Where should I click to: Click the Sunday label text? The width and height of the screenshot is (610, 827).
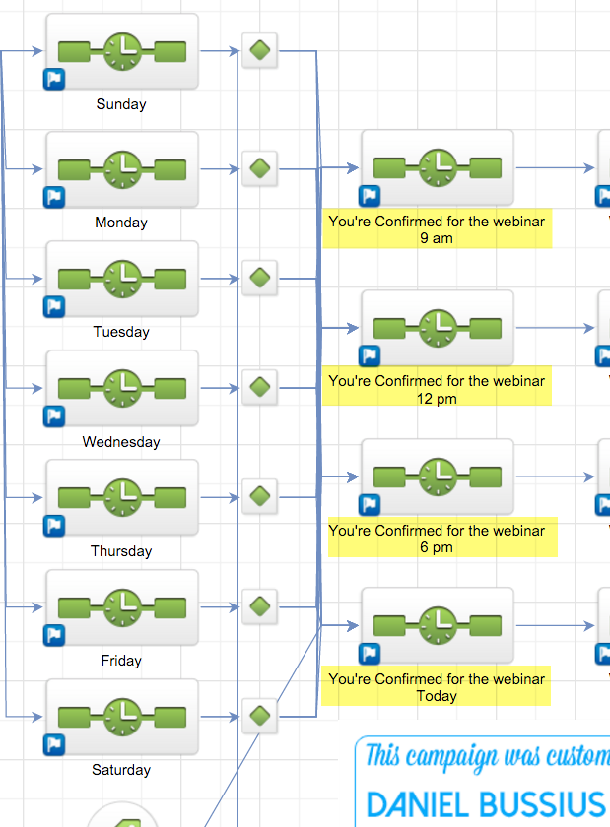(121, 104)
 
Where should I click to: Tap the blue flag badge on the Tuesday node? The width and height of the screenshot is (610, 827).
(53, 306)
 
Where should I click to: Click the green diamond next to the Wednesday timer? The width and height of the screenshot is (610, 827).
(259, 386)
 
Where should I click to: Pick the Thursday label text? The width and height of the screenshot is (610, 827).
(121, 551)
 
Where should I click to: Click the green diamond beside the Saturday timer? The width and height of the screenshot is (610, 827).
(259, 715)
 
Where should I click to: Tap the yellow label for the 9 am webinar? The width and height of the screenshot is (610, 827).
(437, 229)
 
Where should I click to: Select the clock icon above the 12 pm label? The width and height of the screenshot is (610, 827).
(437, 328)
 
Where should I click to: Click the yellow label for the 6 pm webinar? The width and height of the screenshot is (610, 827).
(437, 539)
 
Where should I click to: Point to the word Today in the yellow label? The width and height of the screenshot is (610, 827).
(437, 696)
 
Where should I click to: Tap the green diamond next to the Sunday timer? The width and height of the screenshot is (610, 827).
(259, 50)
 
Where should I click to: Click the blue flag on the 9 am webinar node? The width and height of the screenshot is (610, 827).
(369, 196)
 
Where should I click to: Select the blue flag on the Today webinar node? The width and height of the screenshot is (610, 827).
(369, 653)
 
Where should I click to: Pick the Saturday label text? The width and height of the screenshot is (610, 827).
(121, 770)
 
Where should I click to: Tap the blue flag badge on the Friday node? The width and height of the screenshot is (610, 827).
(53, 635)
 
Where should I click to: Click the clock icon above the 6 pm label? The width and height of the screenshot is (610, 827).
(437, 477)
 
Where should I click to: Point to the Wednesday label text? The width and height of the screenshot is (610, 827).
(121, 442)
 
